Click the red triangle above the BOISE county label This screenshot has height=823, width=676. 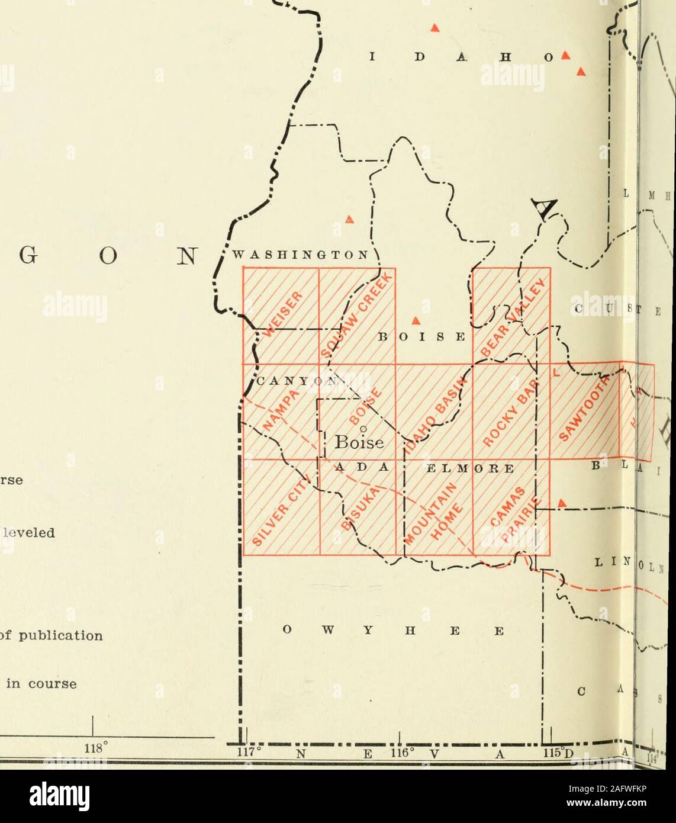[416, 320]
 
